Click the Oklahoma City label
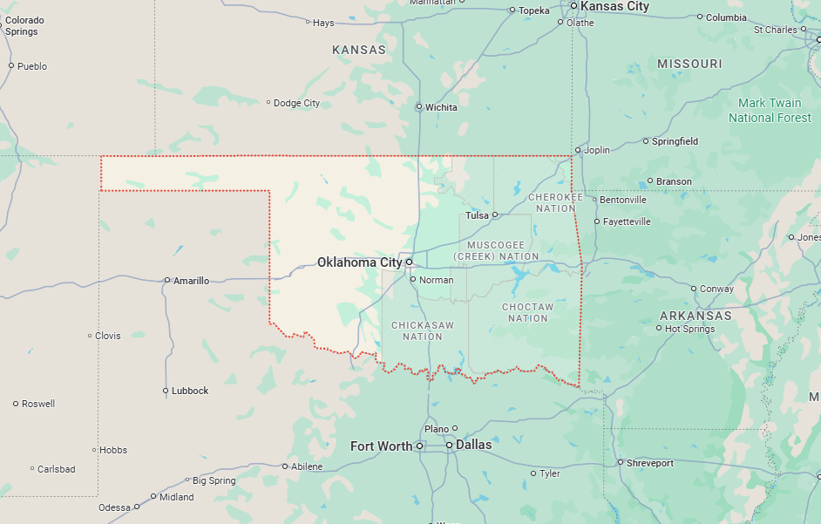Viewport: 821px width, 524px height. [359, 262]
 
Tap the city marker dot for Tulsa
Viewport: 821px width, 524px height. [494, 214]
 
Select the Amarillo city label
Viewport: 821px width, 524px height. [191, 281]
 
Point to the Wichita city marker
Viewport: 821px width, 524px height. [419, 107]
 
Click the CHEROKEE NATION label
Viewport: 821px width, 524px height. [555, 203]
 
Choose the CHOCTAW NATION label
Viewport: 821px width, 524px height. [527, 313]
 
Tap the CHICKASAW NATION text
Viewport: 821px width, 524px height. [423, 331]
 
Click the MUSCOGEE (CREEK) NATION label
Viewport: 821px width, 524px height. [496, 251]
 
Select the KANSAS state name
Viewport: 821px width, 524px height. [359, 51]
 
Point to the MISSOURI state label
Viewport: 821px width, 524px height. [689, 65]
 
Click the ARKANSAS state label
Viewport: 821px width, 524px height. [695, 316]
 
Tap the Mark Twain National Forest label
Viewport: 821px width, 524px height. [770, 111]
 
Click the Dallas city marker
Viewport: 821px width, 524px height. [449, 446]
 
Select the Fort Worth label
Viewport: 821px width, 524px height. [381, 446]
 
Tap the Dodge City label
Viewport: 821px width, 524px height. [296, 103]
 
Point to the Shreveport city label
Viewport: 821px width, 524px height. [649, 463]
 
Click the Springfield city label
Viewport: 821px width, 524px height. [675, 141]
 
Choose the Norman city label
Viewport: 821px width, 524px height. [436, 280]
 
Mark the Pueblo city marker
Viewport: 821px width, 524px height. [11, 66]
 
